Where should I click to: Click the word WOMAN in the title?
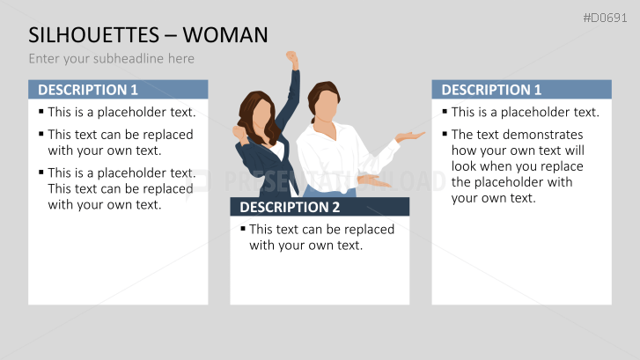tap(225, 34)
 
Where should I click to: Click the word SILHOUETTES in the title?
tap(93, 34)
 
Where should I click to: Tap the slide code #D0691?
tap(605, 18)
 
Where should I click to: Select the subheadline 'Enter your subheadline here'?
tap(112, 59)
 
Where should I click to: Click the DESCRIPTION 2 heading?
tap(290, 208)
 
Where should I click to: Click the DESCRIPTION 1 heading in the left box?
tap(88, 90)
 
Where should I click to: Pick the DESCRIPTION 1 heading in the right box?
tap(491, 90)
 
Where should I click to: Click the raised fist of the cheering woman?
tap(292, 59)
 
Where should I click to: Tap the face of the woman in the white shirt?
tap(327, 107)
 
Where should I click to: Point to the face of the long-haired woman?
tap(261, 116)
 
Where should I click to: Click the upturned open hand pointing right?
tap(409, 136)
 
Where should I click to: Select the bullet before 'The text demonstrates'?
tap(445, 133)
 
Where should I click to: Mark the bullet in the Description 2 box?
tap(243, 228)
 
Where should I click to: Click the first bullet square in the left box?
tap(41, 111)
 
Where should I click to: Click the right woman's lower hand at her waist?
tap(373, 180)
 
